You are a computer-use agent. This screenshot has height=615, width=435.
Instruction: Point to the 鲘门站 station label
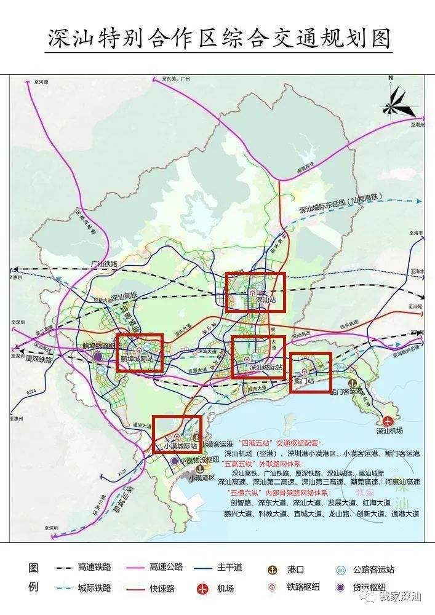(302, 381)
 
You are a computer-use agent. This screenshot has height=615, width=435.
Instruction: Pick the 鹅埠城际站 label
(137, 359)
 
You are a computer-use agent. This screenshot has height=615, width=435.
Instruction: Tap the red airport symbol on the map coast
(388, 421)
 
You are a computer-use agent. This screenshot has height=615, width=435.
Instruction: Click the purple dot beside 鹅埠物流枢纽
(98, 356)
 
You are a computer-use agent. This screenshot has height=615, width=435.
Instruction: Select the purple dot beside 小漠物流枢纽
(175, 461)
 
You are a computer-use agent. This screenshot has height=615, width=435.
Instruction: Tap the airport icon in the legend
(203, 589)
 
